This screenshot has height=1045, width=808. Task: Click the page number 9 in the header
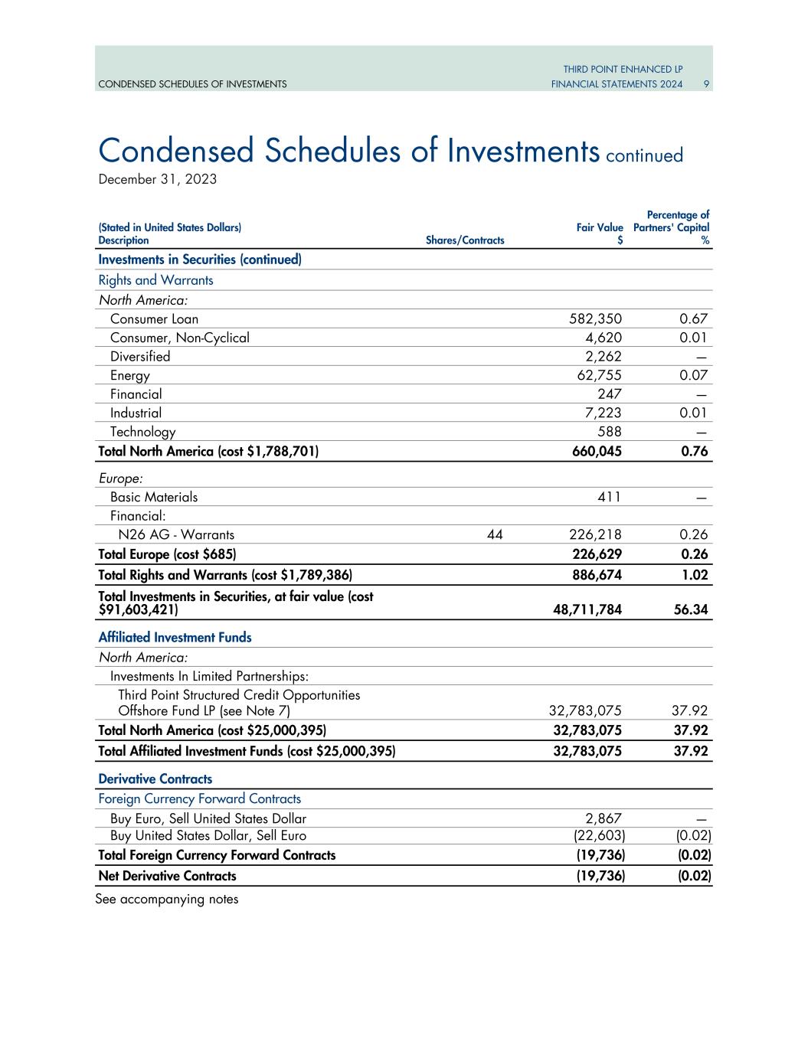pyautogui.click(x=707, y=84)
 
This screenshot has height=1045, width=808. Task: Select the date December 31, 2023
pyautogui.click(x=158, y=179)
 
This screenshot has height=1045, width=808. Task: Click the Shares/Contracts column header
pyautogui.click(x=465, y=240)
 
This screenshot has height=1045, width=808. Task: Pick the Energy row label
pyautogui.click(x=130, y=375)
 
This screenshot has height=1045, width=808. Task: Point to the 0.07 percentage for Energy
pyautogui.click(x=693, y=375)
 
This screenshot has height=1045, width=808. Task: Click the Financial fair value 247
pyautogui.click(x=609, y=394)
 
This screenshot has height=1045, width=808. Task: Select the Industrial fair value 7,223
pyautogui.click(x=603, y=413)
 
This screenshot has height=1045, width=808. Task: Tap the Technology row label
pyautogui.click(x=142, y=432)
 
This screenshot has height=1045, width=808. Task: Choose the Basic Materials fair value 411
pyautogui.click(x=609, y=497)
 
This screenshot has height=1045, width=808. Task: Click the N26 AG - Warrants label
pyautogui.click(x=176, y=534)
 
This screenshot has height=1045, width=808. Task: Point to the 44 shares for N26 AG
pyautogui.click(x=495, y=534)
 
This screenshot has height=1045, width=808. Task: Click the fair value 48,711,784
pyautogui.click(x=587, y=609)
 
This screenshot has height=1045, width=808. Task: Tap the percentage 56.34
pyautogui.click(x=690, y=609)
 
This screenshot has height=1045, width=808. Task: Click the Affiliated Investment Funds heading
pyautogui.click(x=175, y=637)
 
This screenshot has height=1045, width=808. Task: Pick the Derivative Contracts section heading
pyautogui.click(x=155, y=779)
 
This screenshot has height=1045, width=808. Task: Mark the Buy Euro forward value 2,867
pyautogui.click(x=604, y=818)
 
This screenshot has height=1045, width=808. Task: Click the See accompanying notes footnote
pyautogui.click(x=167, y=900)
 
